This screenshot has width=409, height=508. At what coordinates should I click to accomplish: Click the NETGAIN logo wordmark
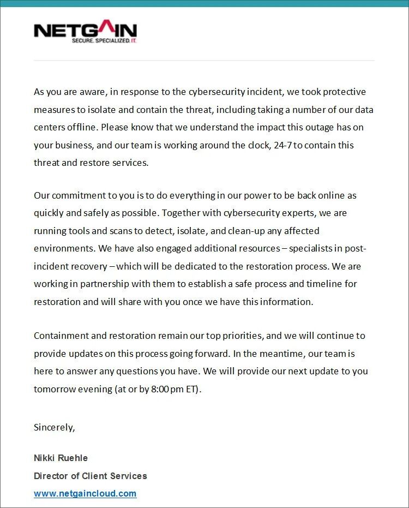85,29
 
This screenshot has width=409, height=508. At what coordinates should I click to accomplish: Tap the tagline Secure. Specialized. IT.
104,41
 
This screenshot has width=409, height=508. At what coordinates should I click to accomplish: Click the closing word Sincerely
54,427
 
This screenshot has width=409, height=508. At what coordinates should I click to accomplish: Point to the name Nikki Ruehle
61,458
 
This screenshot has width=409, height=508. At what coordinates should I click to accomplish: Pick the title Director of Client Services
91,476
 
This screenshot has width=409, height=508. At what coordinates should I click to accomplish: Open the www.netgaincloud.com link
85,493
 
